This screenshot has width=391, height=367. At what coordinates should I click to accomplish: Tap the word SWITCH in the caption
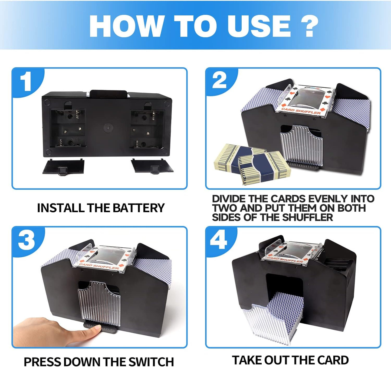151,362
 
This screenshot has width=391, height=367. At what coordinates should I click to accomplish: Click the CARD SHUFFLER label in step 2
301,111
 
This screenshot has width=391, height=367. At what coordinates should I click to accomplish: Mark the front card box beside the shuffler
264,168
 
